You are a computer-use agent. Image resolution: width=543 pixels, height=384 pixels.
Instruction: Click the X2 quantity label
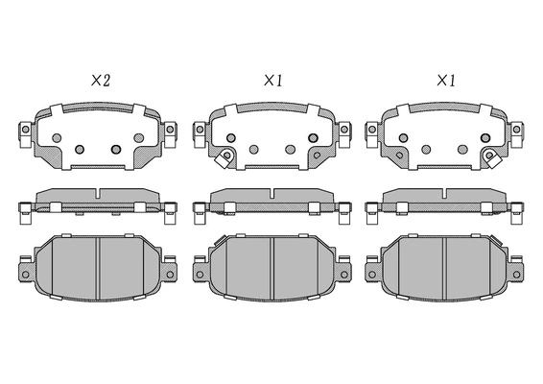[x=101, y=81]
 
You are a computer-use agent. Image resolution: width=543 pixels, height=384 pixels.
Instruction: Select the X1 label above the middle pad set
[x=273, y=81]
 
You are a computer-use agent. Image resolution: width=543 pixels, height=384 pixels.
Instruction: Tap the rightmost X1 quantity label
[x=446, y=81]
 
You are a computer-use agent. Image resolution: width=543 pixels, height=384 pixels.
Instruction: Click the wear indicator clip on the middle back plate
[x=224, y=158]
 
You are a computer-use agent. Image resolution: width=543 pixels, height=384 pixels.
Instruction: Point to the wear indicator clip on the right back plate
[x=492, y=158]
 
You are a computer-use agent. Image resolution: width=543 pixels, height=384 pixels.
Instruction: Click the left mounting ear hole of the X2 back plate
[x=25, y=130]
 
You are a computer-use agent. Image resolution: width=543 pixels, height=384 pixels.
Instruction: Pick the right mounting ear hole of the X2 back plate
[x=170, y=130]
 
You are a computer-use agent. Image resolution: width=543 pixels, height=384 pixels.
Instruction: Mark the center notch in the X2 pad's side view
[x=99, y=193]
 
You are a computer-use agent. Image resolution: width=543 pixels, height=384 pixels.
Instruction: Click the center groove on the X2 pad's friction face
[x=99, y=268]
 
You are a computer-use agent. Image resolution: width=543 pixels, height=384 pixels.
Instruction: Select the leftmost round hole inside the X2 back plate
[x=57, y=138]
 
